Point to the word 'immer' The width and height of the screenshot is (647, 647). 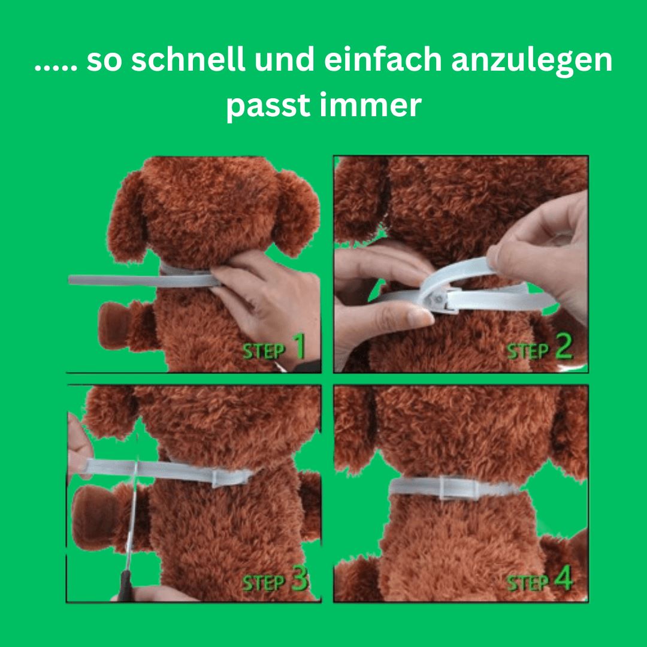click(x=371, y=105)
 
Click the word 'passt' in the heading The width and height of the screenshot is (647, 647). click(x=268, y=107)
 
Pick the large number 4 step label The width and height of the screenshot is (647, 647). click(x=564, y=578)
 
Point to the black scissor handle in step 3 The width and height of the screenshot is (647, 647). click(x=125, y=585)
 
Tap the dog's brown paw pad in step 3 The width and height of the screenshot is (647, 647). click(x=93, y=517)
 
